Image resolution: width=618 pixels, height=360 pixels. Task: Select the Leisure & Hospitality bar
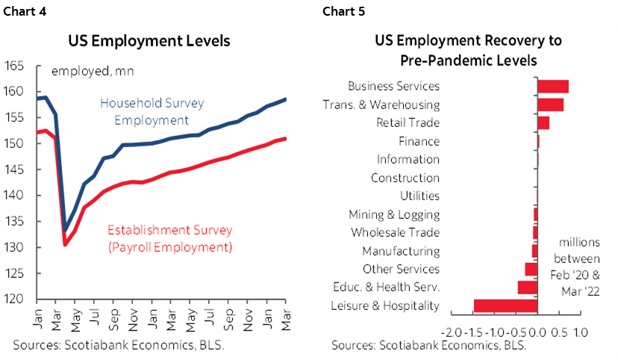click(x=505, y=305)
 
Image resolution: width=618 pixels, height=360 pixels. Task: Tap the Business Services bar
click(x=553, y=87)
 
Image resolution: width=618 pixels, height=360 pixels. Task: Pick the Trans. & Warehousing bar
click(x=551, y=105)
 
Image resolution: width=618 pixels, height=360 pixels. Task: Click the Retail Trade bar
click(x=543, y=123)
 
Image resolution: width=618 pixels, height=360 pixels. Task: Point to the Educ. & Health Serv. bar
click(x=528, y=288)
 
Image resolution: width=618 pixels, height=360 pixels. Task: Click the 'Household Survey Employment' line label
click(x=152, y=111)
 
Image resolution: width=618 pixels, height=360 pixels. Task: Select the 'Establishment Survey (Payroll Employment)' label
click(x=170, y=238)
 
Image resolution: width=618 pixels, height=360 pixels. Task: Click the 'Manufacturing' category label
click(x=401, y=251)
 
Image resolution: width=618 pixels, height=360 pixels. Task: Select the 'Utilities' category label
click(x=419, y=196)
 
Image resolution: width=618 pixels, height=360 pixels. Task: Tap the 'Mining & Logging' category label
click(x=394, y=214)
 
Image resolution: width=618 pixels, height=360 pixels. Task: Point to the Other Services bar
click(x=531, y=270)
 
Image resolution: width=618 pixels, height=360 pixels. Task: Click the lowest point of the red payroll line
click(x=66, y=244)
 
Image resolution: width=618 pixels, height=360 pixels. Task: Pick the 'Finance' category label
click(x=419, y=141)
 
